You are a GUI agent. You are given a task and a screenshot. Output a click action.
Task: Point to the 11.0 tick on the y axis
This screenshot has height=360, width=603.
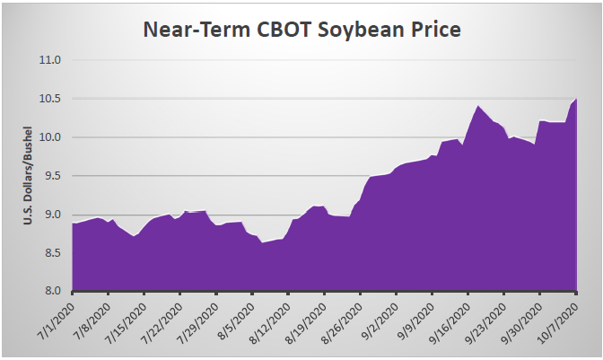click(48, 61)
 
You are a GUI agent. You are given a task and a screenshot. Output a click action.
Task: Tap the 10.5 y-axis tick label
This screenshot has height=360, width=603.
click(48, 100)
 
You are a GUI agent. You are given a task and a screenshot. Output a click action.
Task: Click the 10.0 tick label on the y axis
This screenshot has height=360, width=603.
click(48, 138)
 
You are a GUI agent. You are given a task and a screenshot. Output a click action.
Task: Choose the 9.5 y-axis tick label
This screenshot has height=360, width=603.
click(50, 177)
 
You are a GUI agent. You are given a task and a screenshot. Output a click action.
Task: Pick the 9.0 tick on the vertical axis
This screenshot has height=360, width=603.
click(50, 215)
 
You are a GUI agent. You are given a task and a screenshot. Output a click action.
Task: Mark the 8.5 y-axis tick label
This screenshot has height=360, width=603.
click(50, 253)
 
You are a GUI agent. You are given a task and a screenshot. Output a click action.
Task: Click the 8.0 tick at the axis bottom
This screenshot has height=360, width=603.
click(50, 292)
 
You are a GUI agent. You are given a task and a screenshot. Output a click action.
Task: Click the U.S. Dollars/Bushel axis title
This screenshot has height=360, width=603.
click(28, 176)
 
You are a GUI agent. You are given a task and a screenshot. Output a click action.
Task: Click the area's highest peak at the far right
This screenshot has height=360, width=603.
click(576, 99)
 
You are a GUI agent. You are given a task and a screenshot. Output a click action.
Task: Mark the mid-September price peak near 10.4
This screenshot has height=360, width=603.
click(478, 106)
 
